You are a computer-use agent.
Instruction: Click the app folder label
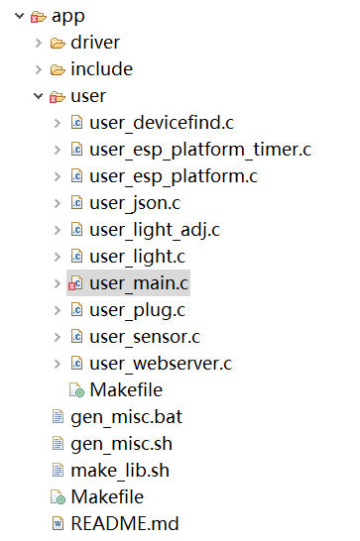pos(67,16)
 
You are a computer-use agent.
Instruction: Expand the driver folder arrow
pos(39,43)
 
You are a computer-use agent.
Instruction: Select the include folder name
pos(101,69)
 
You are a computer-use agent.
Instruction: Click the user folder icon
pos(58,97)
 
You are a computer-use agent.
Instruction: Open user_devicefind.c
pos(161,123)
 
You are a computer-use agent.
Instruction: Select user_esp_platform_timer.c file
pos(199,150)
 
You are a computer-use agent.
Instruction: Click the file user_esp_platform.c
pos(173,176)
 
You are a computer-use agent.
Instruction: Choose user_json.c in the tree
pos(135,203)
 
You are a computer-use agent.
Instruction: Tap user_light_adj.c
pos(154,230)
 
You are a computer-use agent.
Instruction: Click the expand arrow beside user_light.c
pos(57,257)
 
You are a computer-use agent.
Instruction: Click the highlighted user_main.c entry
pos(138,283)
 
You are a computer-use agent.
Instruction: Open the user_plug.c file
pos(137,310)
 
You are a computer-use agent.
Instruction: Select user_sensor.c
pos(145,337)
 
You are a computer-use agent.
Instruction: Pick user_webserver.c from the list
pos(160,364)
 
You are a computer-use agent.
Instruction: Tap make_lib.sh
pos(113,471)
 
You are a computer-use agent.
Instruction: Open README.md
pos(124,524)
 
